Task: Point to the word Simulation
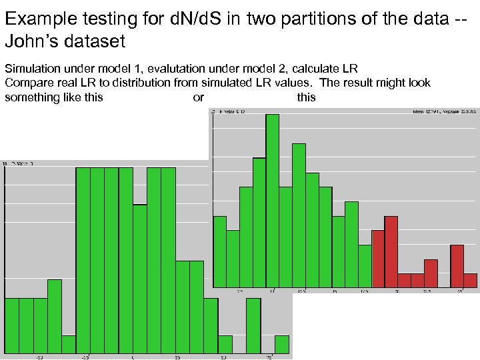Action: tap(29, 69)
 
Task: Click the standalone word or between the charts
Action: tap(198, 97)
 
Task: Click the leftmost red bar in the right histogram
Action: tap(378, 258)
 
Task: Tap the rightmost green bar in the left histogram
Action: tap(282, 344)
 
